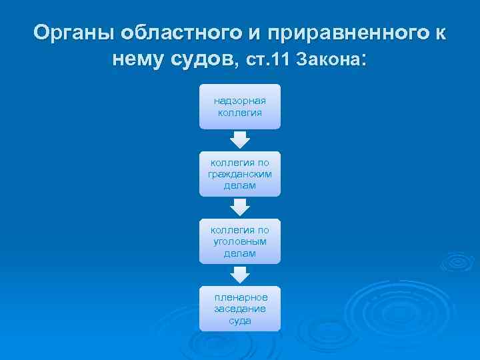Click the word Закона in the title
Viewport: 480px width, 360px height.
330,61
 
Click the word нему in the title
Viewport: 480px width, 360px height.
139,60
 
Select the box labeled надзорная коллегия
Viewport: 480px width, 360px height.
240,107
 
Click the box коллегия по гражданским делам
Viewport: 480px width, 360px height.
240,173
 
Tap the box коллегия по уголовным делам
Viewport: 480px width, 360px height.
240,241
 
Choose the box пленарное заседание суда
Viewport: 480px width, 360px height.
240,309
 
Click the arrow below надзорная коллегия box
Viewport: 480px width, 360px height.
240,139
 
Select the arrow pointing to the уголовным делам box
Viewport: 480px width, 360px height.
240,207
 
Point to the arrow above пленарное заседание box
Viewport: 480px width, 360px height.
240,274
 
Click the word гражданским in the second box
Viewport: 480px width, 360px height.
240,173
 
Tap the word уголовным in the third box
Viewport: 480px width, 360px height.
240,242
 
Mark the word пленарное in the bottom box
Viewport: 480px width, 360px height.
241,297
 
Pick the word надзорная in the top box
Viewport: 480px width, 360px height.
240,101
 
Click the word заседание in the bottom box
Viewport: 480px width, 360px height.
240,309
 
